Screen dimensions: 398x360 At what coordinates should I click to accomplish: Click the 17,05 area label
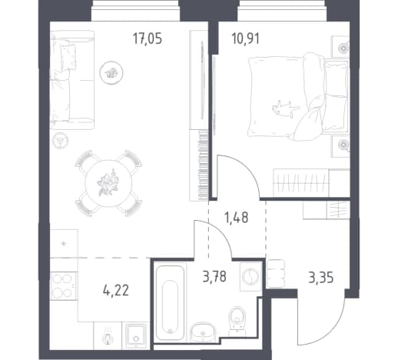tap(148, 39)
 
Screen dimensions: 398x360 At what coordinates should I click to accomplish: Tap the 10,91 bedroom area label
tap(246, 39)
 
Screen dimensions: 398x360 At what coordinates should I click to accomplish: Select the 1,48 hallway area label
tap(237, 218)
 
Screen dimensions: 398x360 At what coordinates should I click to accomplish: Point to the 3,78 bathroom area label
tap(214, 277)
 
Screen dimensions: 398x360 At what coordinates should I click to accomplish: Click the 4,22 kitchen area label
tap(116, 291)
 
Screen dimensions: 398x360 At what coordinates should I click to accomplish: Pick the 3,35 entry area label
tap(321, 278)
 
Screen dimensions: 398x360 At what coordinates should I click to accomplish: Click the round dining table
tap(108, 184)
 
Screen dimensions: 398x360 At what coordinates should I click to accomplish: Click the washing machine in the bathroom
tap(250, 277)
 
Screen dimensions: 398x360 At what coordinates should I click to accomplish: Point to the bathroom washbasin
tap(203, 332)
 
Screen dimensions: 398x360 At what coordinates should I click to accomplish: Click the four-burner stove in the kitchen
tap(64, 285)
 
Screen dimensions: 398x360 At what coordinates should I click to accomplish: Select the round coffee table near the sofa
tap(111, 73)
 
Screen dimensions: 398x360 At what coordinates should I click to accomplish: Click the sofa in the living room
tap(72, 80)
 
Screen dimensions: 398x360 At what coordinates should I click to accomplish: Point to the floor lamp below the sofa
tap(61, 141)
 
